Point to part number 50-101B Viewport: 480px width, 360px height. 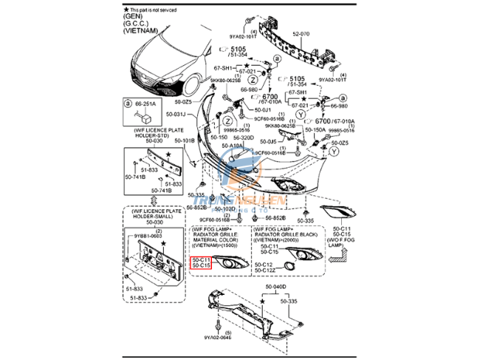[184, 139]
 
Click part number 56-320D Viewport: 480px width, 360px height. [244, 137]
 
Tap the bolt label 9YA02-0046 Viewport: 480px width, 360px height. [219, 340]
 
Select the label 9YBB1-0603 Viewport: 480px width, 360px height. [147, 236]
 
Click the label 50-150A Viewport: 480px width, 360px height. [315, 130]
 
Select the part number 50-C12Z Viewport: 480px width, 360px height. [266, 270]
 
